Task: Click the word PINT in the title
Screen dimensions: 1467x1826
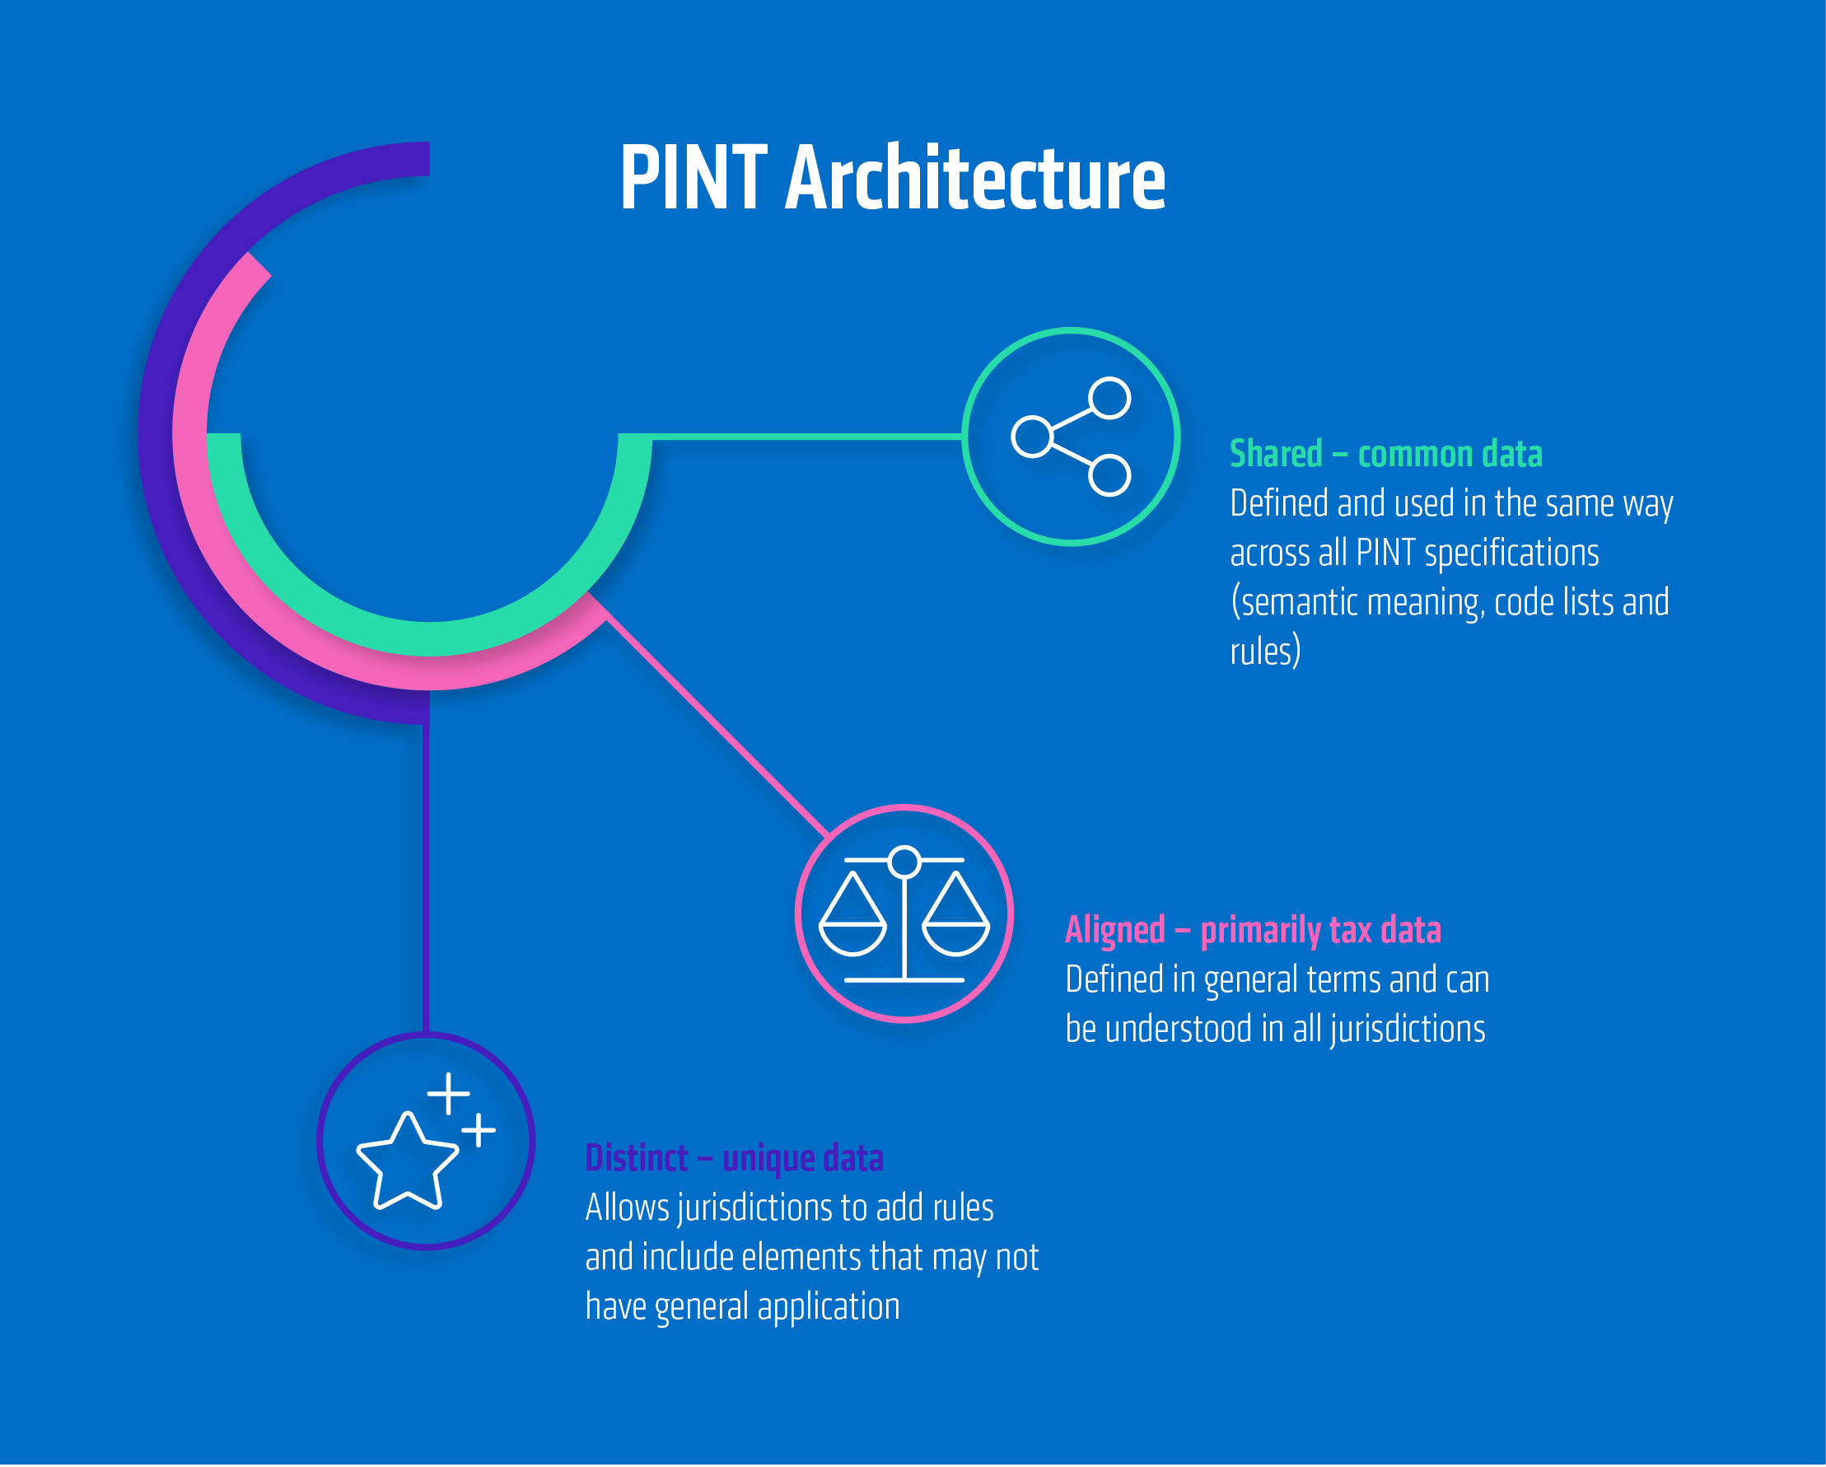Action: (693, 178)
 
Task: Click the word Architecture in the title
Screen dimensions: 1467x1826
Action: (975, 178)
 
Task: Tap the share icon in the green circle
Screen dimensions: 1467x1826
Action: (1071, 437)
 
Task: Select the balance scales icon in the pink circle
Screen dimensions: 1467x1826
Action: (904, 915)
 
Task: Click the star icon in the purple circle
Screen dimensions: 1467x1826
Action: (408, 1161)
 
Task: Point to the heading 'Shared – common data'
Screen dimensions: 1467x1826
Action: (1385, 455)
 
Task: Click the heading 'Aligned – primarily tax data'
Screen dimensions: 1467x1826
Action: (1253, 931)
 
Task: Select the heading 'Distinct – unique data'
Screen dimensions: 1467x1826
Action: (734, 1159)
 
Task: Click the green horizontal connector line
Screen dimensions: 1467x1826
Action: (805, 437)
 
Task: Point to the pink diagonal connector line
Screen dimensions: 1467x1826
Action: (716, 726)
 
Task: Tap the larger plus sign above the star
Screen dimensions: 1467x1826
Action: (448, 1094)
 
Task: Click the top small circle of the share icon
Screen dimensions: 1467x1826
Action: (1109, 398)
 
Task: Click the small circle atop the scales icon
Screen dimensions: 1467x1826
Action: (904, 862)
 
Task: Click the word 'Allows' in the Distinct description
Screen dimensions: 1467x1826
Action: (627, 1208)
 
